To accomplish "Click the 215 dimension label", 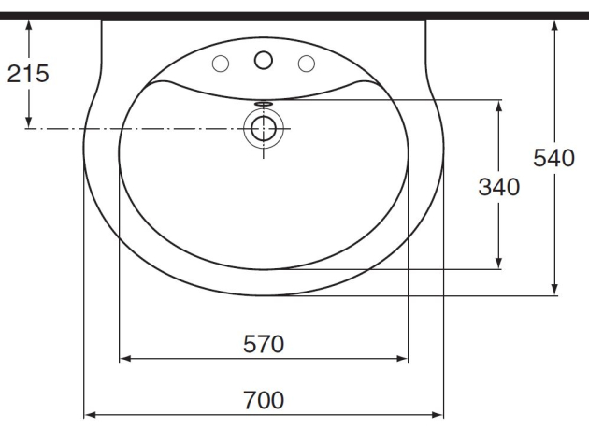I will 28,74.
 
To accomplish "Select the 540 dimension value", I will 553,158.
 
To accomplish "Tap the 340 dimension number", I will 498,187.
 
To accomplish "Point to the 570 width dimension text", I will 264,344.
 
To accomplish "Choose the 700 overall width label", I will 264,400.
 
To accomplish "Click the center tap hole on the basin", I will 263,60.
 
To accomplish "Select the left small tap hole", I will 222,64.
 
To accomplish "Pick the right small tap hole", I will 305,64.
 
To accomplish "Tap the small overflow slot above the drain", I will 263,105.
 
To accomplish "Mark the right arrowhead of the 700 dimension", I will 438,414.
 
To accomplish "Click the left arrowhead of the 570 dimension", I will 124,358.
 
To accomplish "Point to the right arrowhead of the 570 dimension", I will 404,358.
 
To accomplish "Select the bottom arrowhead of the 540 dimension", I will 555,291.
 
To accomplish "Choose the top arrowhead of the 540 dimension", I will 555,24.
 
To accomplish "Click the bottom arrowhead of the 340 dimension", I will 498,263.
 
